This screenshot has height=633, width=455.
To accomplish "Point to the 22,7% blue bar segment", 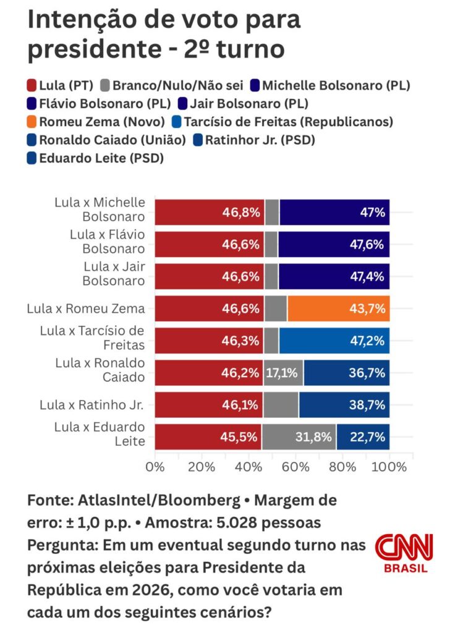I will coord(368,437).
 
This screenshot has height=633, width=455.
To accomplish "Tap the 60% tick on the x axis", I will coord(296,467).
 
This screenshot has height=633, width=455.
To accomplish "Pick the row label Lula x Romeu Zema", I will coord(86,308).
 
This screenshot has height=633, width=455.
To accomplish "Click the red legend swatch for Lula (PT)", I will coord(33,86).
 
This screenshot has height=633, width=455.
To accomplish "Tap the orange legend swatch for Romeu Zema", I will coord(33,122).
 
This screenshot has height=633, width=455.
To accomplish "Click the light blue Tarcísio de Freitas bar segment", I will coord(334,341).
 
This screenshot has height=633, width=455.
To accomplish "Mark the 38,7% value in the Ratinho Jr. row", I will coord(368,405).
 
